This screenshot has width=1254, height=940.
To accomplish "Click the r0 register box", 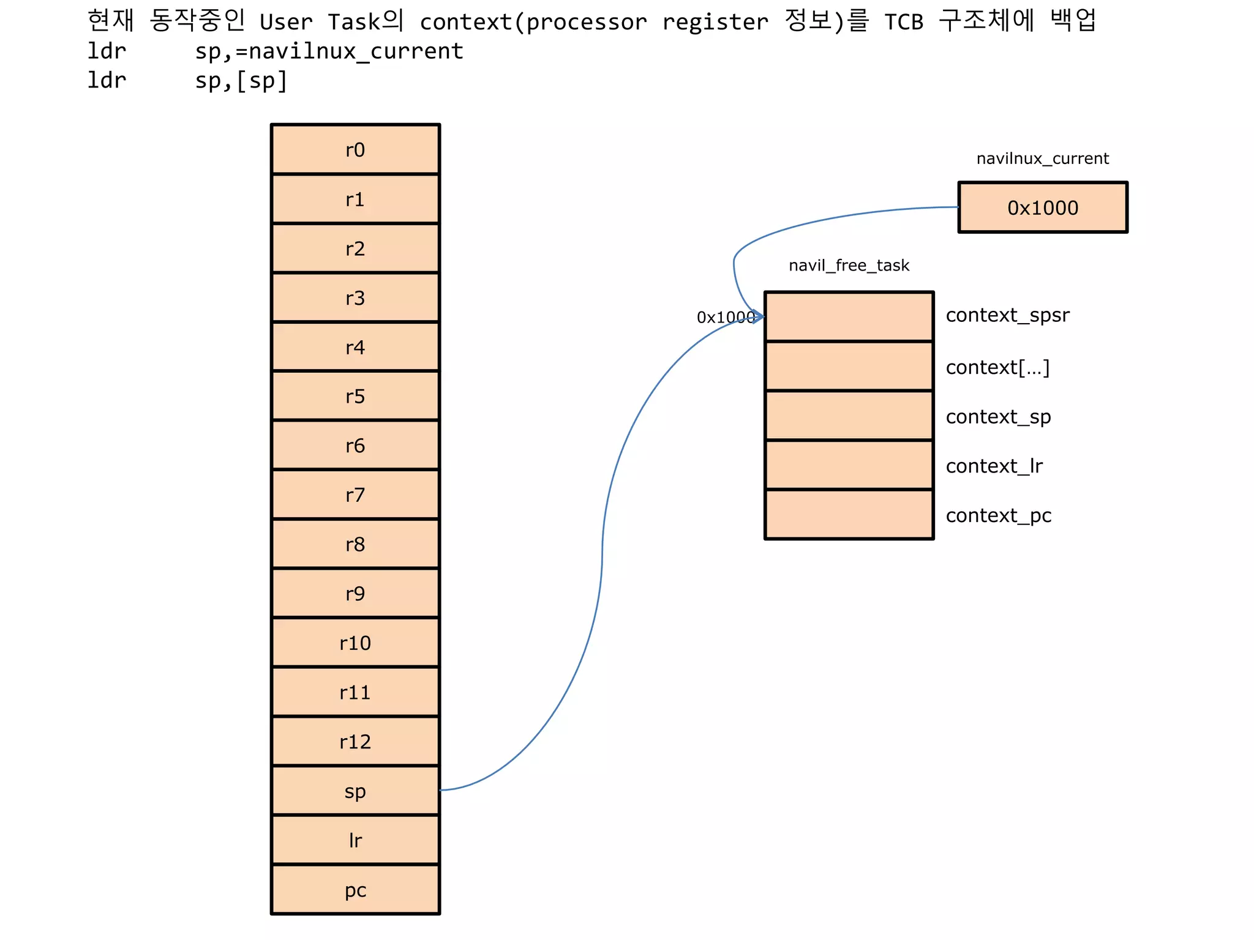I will tap(355, 150).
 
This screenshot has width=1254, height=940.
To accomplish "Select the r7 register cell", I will tap(355, 494).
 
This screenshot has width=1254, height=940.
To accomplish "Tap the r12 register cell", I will tap(355, 742).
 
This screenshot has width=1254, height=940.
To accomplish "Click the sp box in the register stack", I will tap(355, 791).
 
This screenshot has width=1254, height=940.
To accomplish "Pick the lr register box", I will tap(355, 840).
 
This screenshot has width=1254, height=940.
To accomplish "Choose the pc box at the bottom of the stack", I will tap(355, 890).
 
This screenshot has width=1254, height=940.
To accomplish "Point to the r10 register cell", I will tap(355, 643).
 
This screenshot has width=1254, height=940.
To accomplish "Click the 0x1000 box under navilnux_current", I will tap(1042, 207).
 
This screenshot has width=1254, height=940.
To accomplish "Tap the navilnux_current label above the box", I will tap(1042, 159).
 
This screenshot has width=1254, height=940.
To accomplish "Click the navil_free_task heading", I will tap(849, 266).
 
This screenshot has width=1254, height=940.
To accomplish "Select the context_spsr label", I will tap(1007, 315).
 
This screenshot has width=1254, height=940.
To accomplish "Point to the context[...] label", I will tap(997, 367).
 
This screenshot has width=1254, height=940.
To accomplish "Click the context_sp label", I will tap(998, 417).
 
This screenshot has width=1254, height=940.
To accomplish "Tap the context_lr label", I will tap(994, 466).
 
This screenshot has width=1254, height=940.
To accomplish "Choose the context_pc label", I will tap(998, 516).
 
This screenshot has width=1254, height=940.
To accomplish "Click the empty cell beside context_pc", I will tap(849, 515).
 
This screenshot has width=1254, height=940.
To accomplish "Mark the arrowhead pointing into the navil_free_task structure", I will tap(759, 316).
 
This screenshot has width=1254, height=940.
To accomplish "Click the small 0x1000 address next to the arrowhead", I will tap(725, 317).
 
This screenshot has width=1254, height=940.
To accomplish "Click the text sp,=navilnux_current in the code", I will tap(329, 51).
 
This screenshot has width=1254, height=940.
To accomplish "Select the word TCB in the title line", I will tap(903, 22).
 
